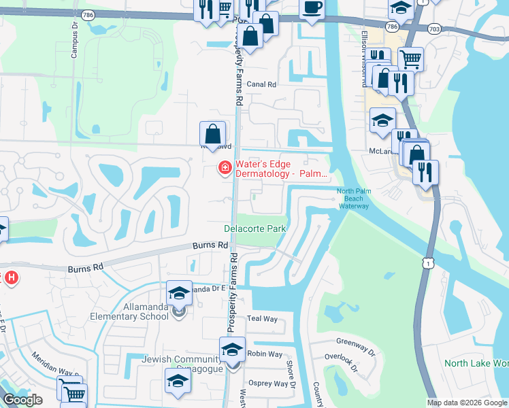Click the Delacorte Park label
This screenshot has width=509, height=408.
(255, 229)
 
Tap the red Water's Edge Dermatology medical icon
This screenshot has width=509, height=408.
(223, 167)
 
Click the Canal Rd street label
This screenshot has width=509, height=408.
(261, 85)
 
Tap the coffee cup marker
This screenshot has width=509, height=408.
(311, 9)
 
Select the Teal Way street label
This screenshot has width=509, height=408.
(263, 318)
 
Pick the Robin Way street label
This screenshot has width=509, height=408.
(265, 354)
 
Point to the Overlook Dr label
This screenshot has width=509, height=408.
(352, 364)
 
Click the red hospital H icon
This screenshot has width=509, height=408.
(12, 277)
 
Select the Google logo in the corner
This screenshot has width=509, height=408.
(22, 400)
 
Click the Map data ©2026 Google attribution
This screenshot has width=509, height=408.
(466, 403)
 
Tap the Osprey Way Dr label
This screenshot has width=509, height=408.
(267, 384)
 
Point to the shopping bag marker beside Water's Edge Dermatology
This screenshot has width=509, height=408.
(212, 134)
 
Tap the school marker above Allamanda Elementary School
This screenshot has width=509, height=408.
(178, 292)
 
